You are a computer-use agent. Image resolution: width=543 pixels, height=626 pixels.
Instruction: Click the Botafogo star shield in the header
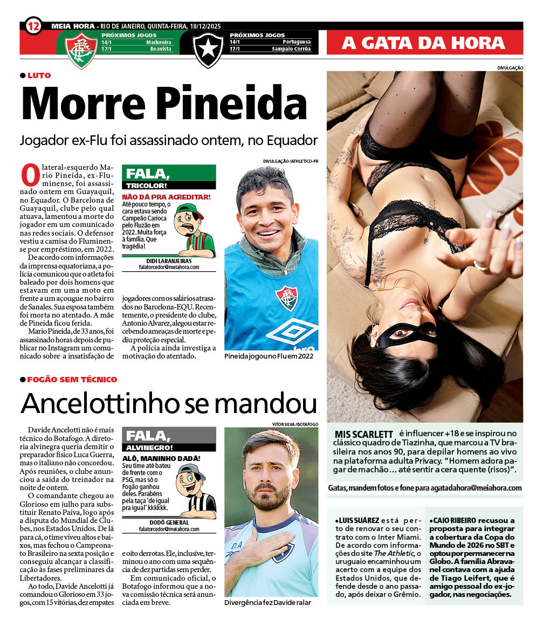(208, 50)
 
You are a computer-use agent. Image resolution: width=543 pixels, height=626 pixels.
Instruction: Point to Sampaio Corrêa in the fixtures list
(291, 49)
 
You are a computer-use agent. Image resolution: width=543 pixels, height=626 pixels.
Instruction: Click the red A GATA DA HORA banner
(423, 43)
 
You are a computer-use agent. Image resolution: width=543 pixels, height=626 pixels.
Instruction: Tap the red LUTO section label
(39, 75)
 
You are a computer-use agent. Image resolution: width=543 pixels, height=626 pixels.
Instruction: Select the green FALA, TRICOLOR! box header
(169, 177)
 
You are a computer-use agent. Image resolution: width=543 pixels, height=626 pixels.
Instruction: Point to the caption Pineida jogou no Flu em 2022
(269, 356)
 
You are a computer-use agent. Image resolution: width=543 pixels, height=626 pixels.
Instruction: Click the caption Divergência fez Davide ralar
(267, 603)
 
